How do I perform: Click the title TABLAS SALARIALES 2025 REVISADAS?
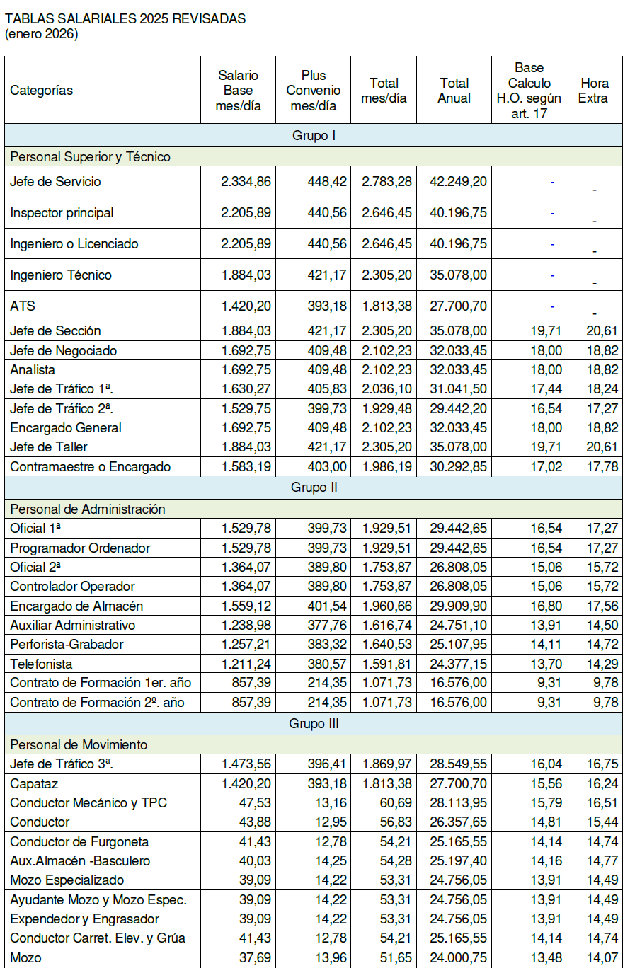coord(125,19)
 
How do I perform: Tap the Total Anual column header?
coord(454,91)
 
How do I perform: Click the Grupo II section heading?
coord(314,488)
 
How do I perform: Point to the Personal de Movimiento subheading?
coord(79,744)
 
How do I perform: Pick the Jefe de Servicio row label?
coord(55,182)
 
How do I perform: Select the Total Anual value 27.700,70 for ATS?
coord(458,306)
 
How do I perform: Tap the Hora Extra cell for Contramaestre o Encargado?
coord(602,467)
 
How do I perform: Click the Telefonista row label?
coord(41,664)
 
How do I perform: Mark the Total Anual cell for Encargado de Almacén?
coord(458,606)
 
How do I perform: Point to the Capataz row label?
coord(34,784)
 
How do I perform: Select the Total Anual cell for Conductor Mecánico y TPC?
coord(458,803)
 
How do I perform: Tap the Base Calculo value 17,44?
coord(546,389)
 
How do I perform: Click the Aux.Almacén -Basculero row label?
coord(80,861)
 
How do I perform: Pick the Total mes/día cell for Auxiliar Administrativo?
coord(386,626)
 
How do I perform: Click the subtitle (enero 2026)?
coord(41,34)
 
